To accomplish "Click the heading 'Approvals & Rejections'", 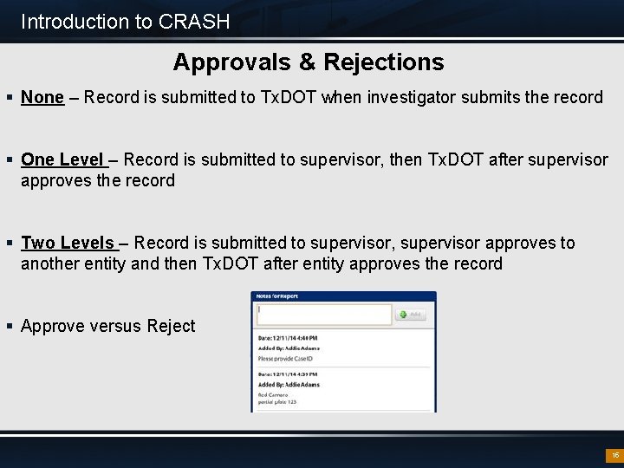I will (308, 62).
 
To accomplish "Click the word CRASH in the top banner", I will (195, 22).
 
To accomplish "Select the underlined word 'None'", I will (42, 97).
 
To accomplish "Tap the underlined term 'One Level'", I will (62, 159).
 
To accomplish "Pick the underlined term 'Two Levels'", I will (67, 243).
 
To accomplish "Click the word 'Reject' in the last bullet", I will (171, 326).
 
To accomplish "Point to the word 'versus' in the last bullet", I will (114, 326).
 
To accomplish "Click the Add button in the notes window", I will (412, 315).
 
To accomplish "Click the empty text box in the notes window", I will (323, 314).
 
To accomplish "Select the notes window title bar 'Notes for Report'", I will (277, 296).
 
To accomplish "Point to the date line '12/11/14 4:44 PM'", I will (289, 337).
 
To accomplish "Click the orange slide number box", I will (614, 455).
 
